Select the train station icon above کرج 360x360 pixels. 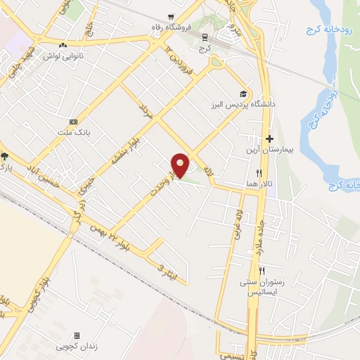pyautogui.click(x=205, y=37)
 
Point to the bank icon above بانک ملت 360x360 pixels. pyautogui.click(x=73, y=121)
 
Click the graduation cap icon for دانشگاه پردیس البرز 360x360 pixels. pyautogui.click(x=243, y=94)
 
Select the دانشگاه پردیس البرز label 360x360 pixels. pyautogui.click(x=243, y=104)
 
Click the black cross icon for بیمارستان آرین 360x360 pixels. pyautogui.click(x=269, y=139)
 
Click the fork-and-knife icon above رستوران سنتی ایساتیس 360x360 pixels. pyautogui.click(x=262, y=271)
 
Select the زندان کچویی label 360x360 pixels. pyautogui.click(x=77, y=347)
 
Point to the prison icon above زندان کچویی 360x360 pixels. pyautogui.click(x=77, y=336)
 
